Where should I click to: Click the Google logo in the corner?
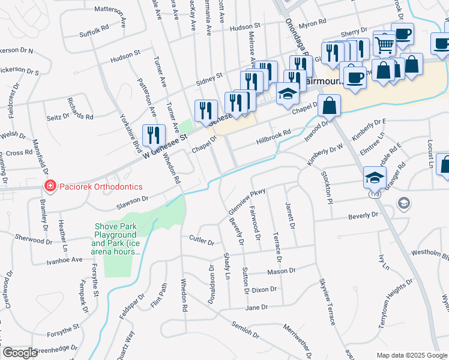pos(20,353)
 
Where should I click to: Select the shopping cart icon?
pos(384,43)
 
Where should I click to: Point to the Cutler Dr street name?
pos(201,241)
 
